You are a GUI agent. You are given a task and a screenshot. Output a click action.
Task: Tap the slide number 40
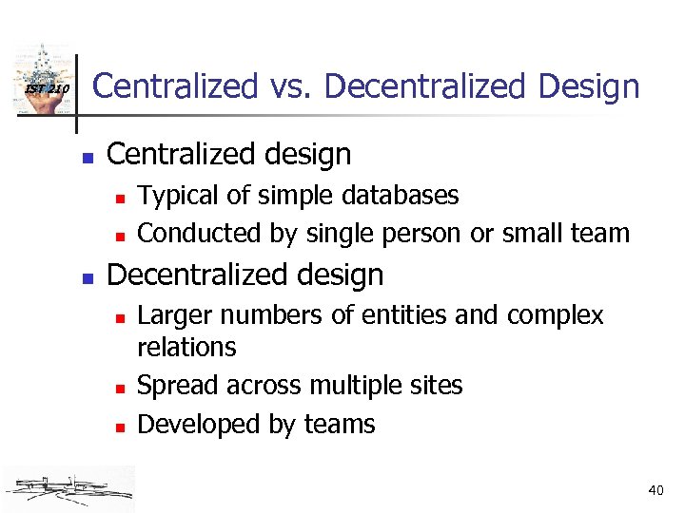656,490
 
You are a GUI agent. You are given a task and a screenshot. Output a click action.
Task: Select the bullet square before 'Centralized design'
87,155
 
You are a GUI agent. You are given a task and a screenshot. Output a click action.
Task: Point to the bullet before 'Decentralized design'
87,276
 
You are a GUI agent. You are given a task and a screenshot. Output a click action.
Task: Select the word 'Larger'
174,314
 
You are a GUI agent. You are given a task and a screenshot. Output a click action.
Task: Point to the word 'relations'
186,348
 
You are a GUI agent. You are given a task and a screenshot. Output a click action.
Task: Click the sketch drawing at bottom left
68,487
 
